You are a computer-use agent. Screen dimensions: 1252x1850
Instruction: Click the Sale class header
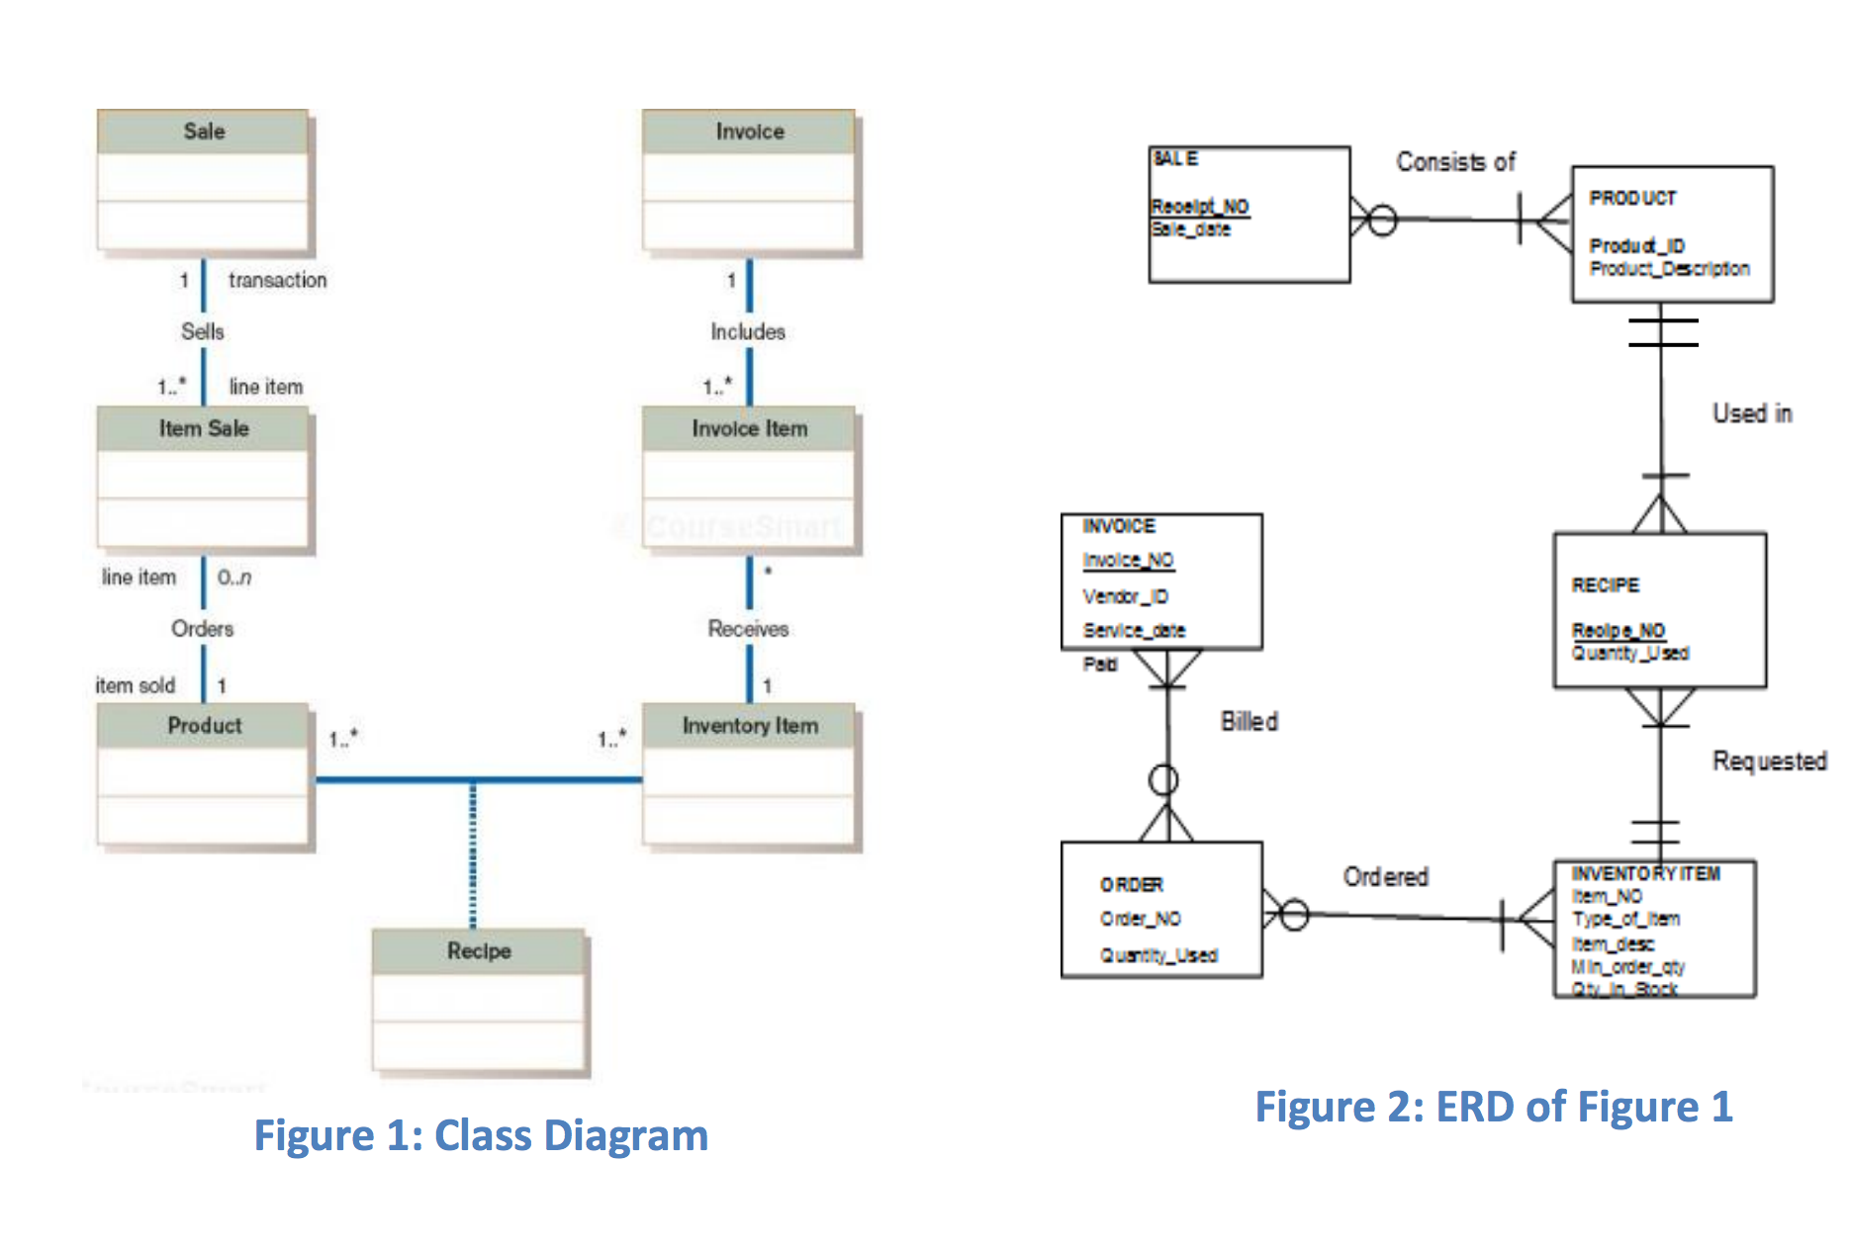(x=204, y=132)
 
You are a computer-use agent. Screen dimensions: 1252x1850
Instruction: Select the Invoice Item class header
(x=749, y=428)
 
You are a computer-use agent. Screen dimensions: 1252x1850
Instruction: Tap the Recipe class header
(x=479, y=950)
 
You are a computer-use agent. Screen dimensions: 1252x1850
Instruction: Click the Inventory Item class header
(x=750, y=726)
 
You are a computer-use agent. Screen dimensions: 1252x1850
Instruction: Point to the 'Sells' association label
(x=203, y=331)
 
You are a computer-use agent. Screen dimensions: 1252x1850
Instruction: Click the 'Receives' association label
(x=748, y=628)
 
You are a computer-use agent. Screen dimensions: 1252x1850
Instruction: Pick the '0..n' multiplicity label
(x=234, y=578)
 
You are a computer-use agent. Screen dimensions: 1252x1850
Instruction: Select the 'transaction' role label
(x=277, y=280)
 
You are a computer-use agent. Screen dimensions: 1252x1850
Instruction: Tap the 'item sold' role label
(x=136, y=685)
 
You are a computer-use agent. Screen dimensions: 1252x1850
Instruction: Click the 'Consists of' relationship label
(x=1455, y=161)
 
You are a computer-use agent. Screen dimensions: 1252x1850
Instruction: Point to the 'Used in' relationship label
(x=1752, y=413)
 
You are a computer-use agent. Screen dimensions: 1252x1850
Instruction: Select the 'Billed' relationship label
(x=1249, y=722)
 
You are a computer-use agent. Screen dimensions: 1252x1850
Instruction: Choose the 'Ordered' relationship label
(x=1385, y=876)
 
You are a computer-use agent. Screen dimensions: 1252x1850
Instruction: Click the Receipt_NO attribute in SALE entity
(x=1199, y=207)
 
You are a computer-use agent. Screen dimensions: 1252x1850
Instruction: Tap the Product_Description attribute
(x=1669, y=269)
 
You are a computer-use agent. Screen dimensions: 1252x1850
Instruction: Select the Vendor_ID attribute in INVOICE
(x=1125, y=596)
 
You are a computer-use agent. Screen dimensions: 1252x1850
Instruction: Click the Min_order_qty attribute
(x=1627, y=966)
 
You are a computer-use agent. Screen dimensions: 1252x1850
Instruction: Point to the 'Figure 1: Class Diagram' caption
(x=481, y=1135)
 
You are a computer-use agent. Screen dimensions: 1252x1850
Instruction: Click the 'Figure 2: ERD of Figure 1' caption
(x=1494, y=1107)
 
